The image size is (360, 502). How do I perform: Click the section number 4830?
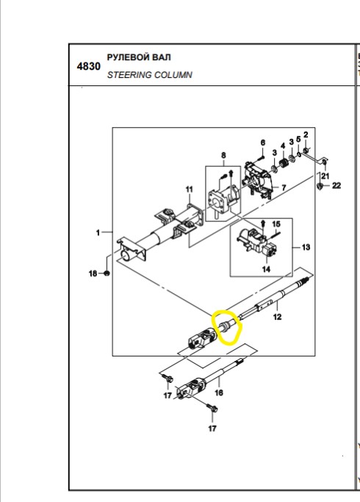click(x=89, y=67)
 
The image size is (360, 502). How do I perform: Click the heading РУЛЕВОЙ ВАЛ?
click(x=139, y=57)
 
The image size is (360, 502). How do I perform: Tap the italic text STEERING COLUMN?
click(x=149, y=75)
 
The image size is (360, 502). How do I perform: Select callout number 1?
click(x=98, y=233)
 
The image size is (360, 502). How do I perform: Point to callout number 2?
click(x=306, y=135)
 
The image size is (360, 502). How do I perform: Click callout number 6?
click(x=263, y=143)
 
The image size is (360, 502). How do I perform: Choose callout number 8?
click(x=223, y=155)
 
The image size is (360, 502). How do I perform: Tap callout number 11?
click(x=190, y=190)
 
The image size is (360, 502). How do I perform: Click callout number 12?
click(x=277, y=317)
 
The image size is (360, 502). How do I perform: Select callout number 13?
click(x=306, y=247)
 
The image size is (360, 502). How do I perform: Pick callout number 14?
click(x=266, y=270)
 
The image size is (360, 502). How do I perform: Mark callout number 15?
click(x=276, y=224)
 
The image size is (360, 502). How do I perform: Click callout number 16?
click(x=219, y=392)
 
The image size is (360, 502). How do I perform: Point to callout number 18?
click(x=93, y=273)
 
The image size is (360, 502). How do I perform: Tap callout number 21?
click(x=325, y=176)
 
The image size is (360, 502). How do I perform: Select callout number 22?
click(x=336, y=186)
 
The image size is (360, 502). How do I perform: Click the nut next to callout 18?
click(x=107, y=273)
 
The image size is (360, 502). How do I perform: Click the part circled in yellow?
click(x=226, y=327)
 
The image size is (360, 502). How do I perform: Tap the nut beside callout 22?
click(x=320, y=186)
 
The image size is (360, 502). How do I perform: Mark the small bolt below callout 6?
click(x=261, y=157)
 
